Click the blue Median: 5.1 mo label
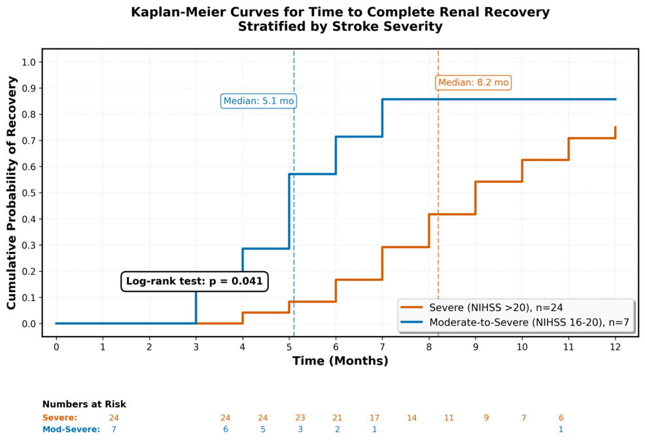[x=258, y=101]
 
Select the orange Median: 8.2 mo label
[x=473, y=82]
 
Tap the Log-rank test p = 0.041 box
[x=194, y=282]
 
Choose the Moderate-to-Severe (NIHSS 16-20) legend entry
[x=517, y=322]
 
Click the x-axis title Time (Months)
[x=340, y=361]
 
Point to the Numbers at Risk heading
[x=84, y=404]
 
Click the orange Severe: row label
[x=60, y=418]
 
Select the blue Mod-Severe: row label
[x=71, y=430]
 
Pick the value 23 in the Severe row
[x=300, y=418]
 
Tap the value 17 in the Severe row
[x=375, y=418]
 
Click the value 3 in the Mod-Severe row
[x=300, y=430]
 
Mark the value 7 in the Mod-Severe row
[x=114, y=430]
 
